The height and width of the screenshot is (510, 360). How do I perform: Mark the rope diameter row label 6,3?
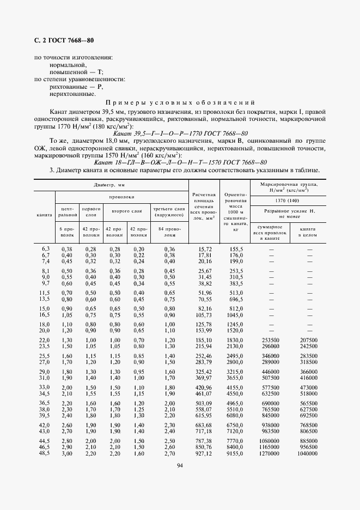coord(45,248)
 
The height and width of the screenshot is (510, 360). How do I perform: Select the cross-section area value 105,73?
coord(203,315)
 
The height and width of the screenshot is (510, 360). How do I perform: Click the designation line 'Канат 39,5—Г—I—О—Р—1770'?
coord(180,133)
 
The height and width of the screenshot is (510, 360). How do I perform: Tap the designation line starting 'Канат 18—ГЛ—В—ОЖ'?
coord(180,162)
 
